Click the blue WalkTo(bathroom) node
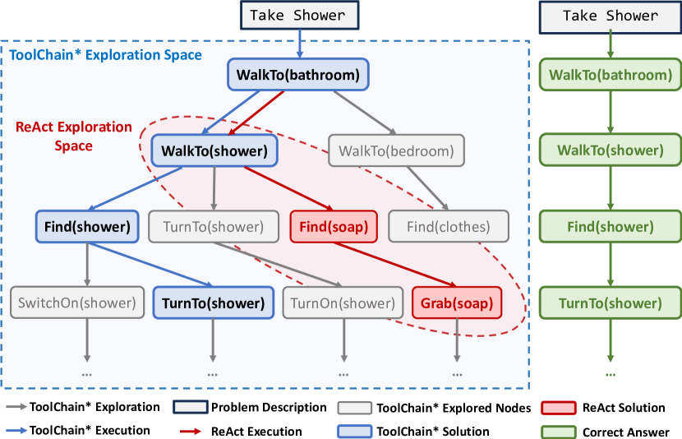(298, 76)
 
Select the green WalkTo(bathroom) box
(610, 76)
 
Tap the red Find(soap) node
(334, 227)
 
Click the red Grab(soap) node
(456, 303)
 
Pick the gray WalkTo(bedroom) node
(396, 151)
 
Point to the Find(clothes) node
(449, 227)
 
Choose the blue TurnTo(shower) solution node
(212, 303)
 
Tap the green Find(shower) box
(610, 227)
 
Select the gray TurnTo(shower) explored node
(212, 227)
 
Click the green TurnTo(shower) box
(610, 303)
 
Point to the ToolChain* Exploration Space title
(105, 55)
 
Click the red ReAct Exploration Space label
(74, 136)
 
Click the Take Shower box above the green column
(610, 16)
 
